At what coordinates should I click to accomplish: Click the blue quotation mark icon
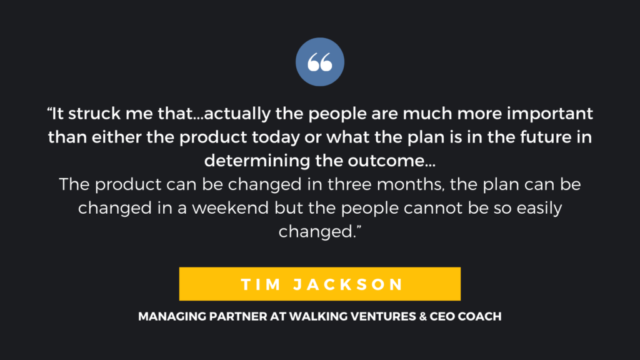[320, 62]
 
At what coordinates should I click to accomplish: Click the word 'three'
[349, 184]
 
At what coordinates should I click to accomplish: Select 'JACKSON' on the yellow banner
[349, 284]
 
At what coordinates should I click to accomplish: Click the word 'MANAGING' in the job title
[172, 316]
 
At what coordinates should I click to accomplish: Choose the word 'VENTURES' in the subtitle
[383, 316]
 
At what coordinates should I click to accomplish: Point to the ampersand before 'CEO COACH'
[422, 316]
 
